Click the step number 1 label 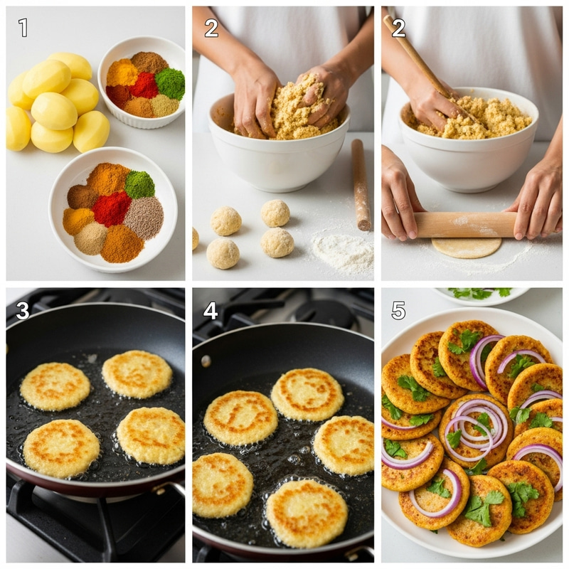coord(23,28)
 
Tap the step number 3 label coord(23,310)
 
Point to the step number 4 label coord(210,310)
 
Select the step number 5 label coord(398,310)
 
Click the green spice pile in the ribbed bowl coord(170,83)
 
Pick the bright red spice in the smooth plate coord(111,208)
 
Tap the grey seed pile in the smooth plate coord(144,217)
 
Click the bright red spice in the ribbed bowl coord(144,85)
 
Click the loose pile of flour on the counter coord(343,250)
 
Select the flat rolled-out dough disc coord(467,247)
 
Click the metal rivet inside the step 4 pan coord(206,361)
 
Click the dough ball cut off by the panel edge coord(196,238)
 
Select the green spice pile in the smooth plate coord(139,184)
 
